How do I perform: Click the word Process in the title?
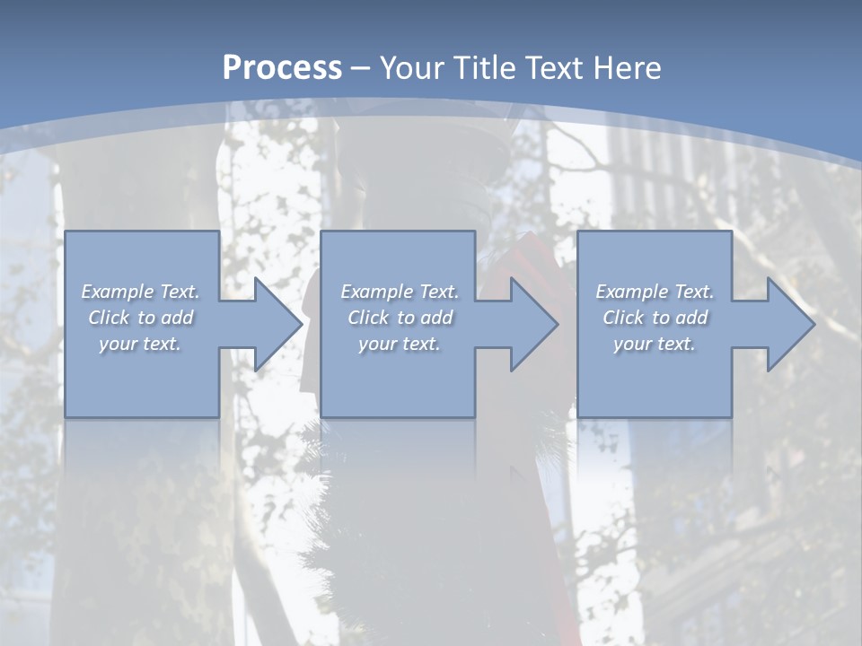[282, 68]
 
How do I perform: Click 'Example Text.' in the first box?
[141, 292]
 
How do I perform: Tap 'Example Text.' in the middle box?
[400, 292]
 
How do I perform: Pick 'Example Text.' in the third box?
[655, 292]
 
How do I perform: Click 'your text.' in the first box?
[141, 344]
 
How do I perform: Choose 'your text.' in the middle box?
[400, 344]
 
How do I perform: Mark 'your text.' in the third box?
[655, 344]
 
